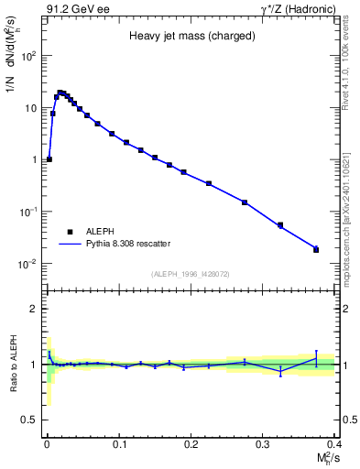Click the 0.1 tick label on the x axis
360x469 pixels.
click(x=118, y=444)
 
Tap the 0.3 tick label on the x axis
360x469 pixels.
click(x=263, y=444)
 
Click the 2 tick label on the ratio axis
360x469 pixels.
click(x=32, y=309)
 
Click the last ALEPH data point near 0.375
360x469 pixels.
click(x=316, y=249)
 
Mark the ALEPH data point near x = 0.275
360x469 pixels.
click(x=245, y=202)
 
